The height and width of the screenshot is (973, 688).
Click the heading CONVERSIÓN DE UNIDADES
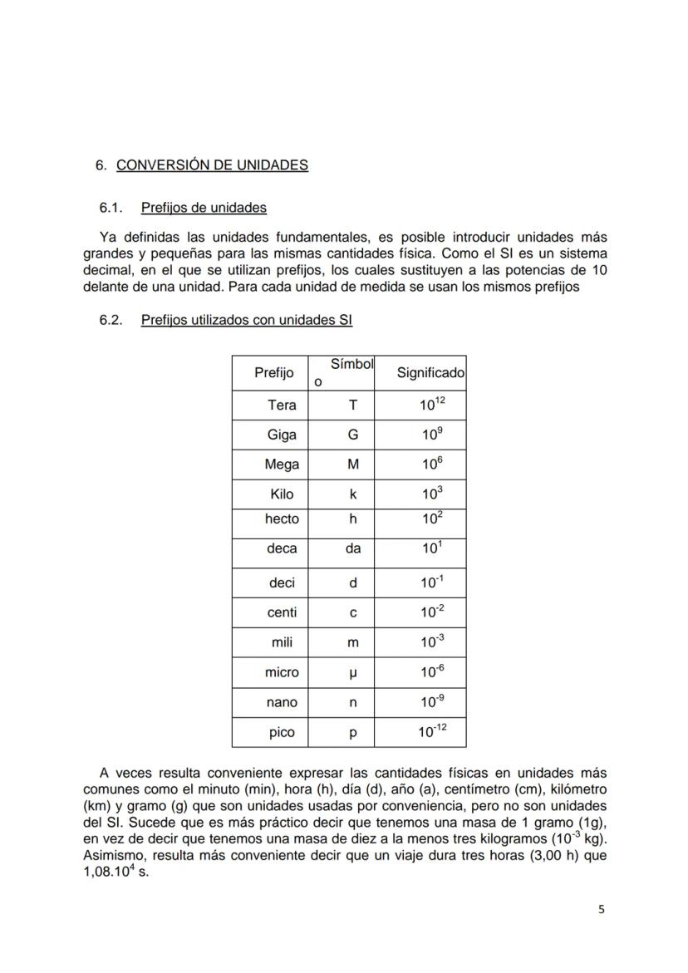point(212,165)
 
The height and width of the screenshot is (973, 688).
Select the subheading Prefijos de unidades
point(204,207)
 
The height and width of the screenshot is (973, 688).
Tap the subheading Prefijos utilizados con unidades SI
point(247,319)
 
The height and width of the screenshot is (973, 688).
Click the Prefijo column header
point(274,373)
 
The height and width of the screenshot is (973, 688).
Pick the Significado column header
point(430,373)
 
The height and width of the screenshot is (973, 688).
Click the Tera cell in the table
point(282,405)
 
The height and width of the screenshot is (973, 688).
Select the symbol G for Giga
point(353,435)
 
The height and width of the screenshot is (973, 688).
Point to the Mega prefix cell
point(282,464)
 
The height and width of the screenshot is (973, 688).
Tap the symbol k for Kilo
point(353,494)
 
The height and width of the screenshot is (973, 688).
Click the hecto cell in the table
point(282,518)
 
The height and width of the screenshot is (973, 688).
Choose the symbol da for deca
point(353,548)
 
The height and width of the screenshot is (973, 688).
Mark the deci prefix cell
point(282,583)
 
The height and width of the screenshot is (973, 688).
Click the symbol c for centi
point(353,612)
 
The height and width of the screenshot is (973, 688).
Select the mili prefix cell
point(282,642)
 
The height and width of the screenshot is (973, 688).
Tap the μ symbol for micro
point(353,672)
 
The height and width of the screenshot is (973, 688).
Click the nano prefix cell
point(282,702)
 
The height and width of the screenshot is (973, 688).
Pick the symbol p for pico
point(353,733)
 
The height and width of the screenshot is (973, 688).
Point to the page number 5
point(602,909)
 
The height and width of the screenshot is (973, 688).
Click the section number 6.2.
point(111,319)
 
